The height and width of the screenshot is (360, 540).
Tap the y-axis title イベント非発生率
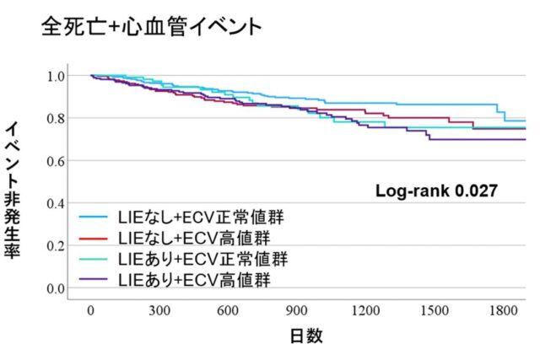tap(14, 191)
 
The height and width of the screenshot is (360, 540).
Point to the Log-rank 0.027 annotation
tap(435, 191)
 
